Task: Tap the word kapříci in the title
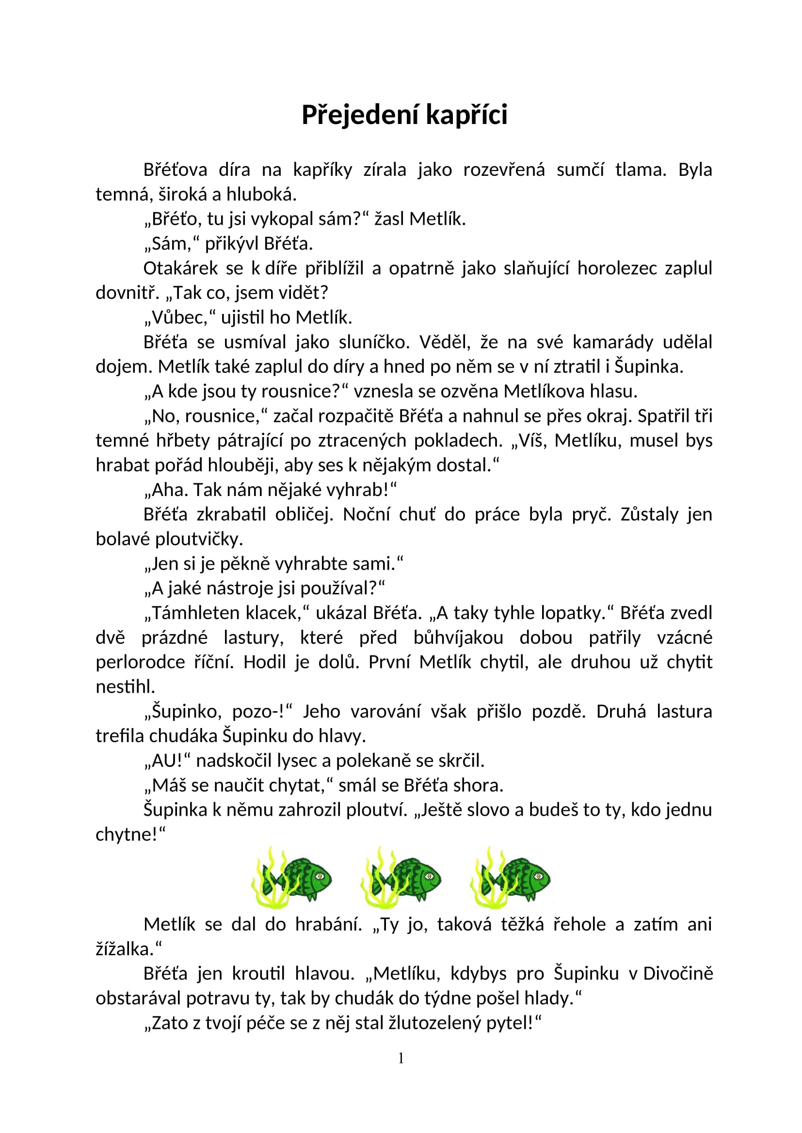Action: [466, 115]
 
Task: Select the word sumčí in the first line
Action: [580, 170]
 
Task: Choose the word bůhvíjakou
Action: [458, 637]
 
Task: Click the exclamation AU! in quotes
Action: [167, 761]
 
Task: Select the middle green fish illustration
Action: [401, 879]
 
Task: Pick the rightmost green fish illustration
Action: [511, 879]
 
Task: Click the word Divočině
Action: [677, 974]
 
